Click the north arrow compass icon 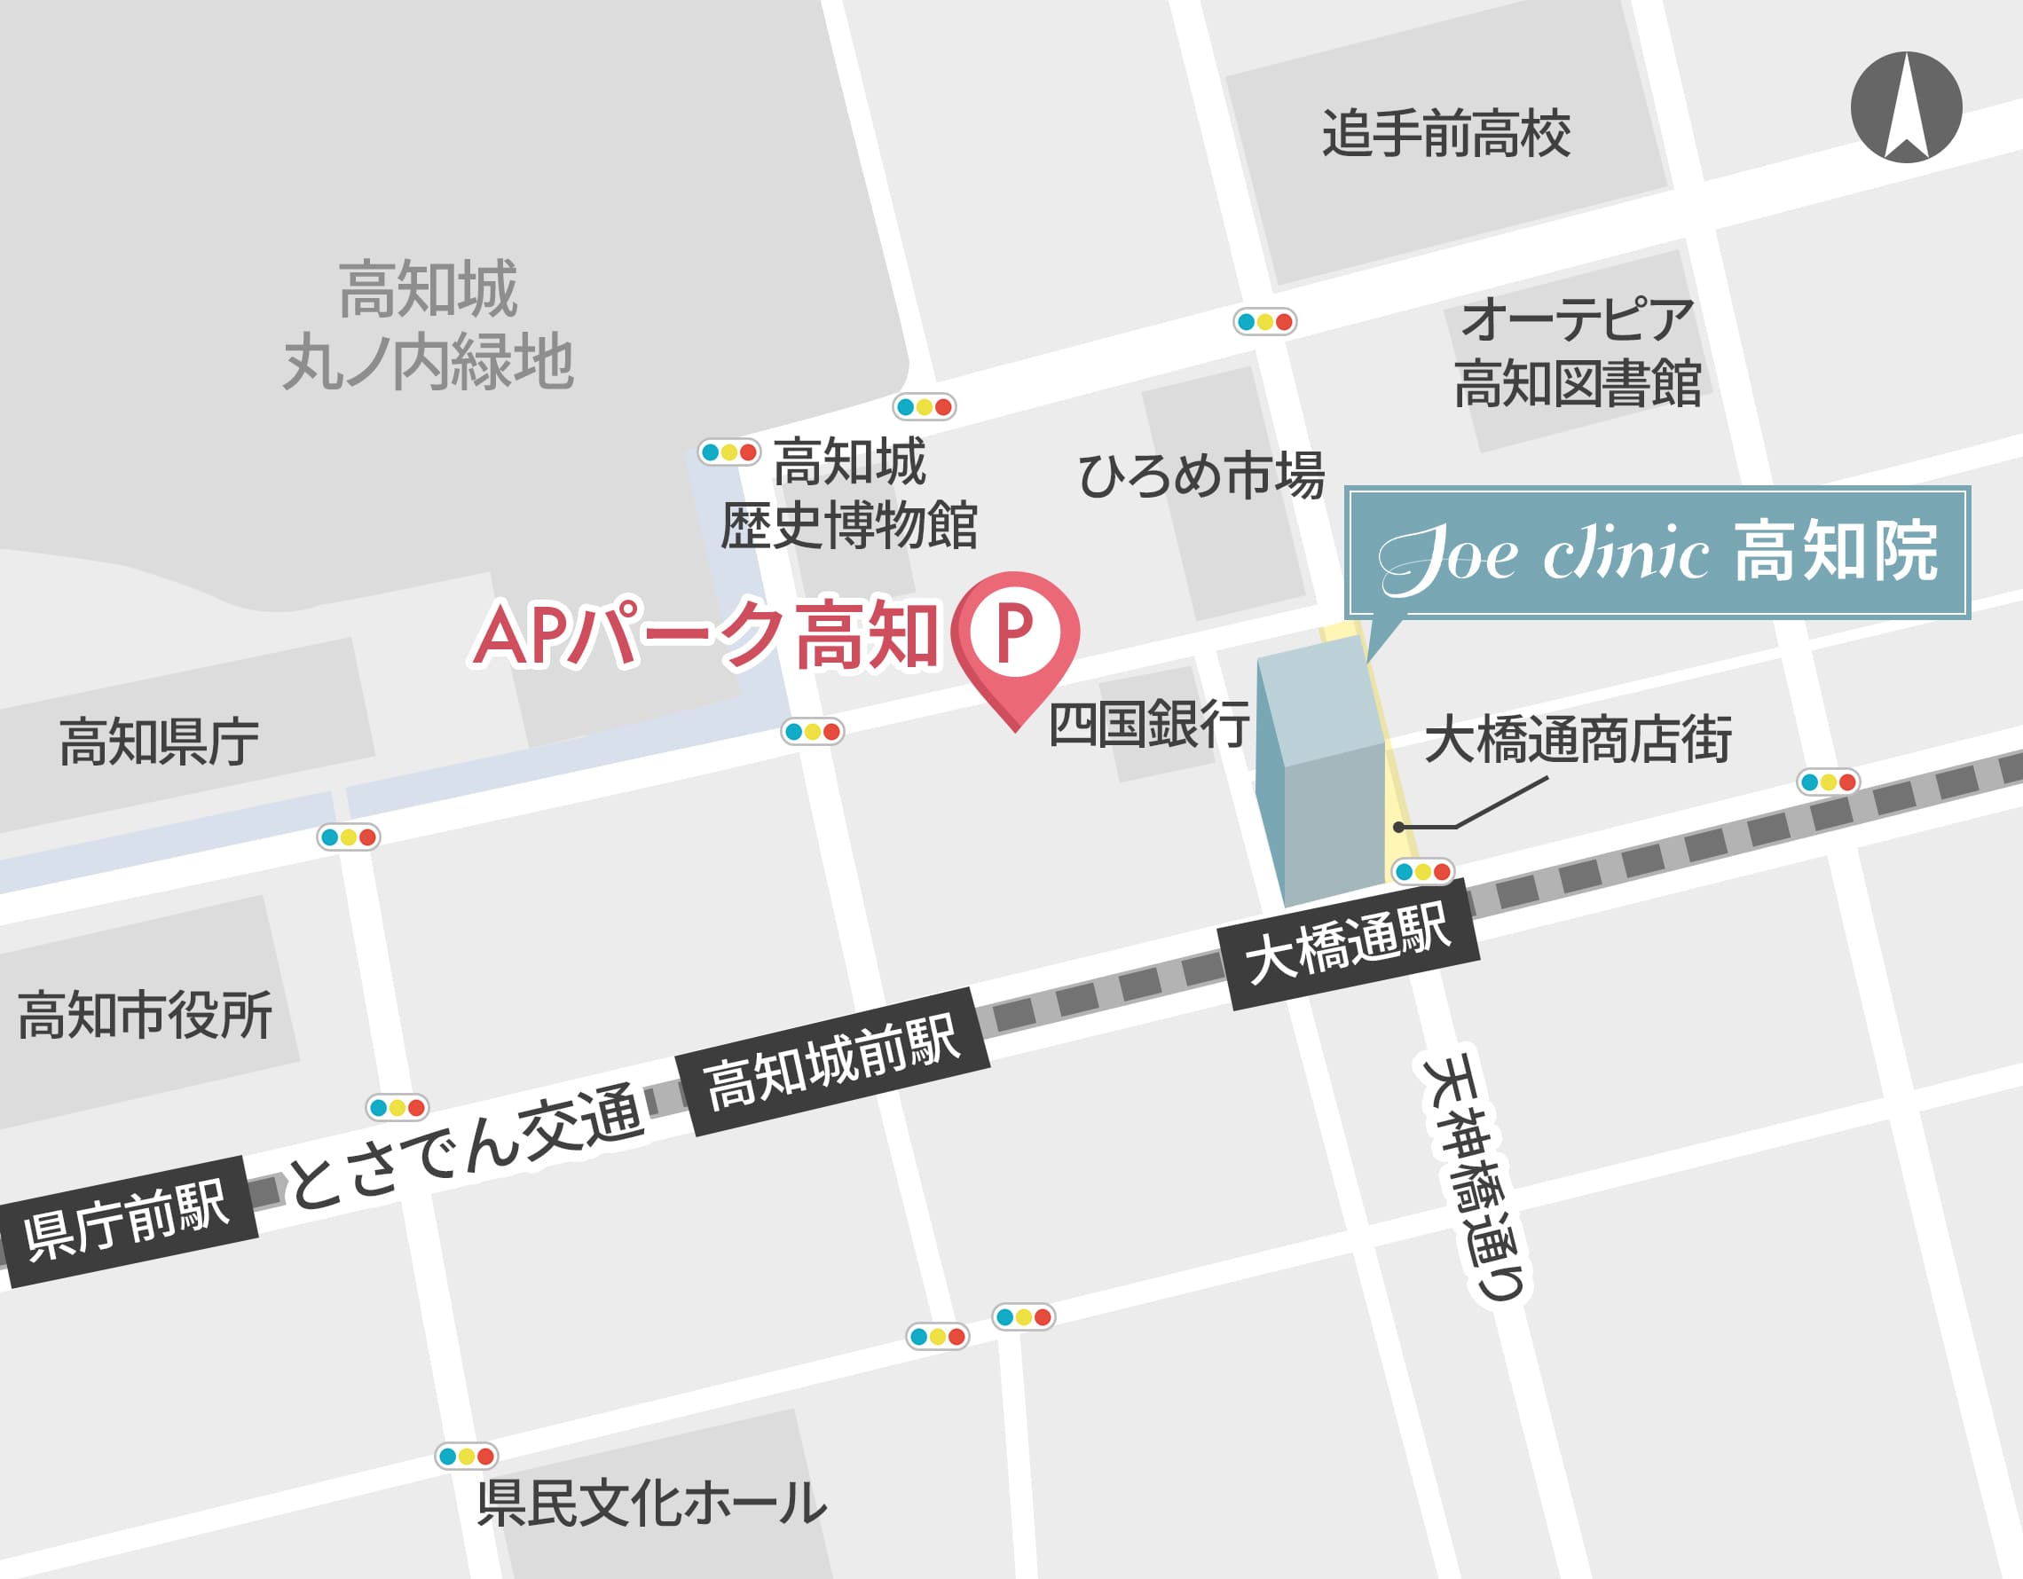pyautogui.click(x=1905, y=107)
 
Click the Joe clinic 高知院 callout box pyautogui.click(x=1657, y=553)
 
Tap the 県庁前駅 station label pyautogui.click(x=127, y=1220)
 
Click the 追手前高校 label pyautogui.click(x=1446, y=133)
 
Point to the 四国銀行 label pyautogui.click(x=1149, y=724)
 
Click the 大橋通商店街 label pyautogui.click(x=1578, y=739)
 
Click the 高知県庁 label pyautogui.click(x=160, y=741)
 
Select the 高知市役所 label pyautogui.click(x=146, y=1015)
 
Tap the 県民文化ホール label pyautogui.click(x=651, y=1502)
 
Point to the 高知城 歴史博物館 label pyautogui.click(x=848, y=493)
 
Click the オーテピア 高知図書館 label pyautogui.click(x=1578, y=352)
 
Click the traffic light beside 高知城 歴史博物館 pyautogui.click(x=729, y=453)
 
